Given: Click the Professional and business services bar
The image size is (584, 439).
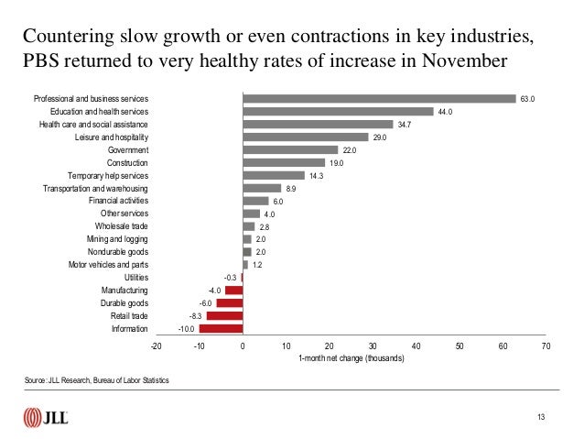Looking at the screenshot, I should [x=379, y=99].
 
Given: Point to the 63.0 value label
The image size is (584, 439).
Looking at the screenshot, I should [x=527, y=99].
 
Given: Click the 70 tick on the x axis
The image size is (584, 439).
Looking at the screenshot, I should [x=546, y=346].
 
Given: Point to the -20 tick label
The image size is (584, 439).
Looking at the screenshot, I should [x=156, y=346].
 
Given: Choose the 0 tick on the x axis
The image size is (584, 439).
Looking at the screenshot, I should [x=243, y=346].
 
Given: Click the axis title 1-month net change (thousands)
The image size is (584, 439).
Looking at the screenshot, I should [x=351, y=358].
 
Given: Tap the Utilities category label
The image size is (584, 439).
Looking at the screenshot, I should [x=135, y=277].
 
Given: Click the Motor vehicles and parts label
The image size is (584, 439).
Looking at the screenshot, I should [x=109, y=264].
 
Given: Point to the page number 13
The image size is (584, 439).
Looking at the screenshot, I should [x=541, y=418].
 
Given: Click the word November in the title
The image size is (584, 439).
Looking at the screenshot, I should [x=460, y=63].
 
